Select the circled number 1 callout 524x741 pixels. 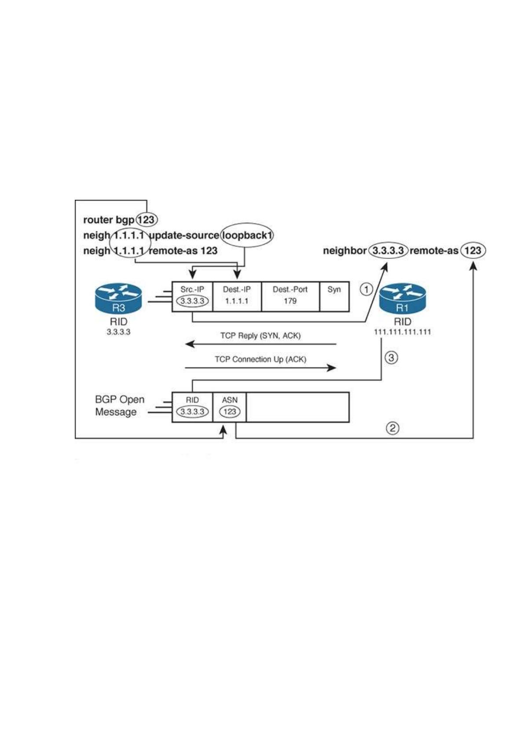366,290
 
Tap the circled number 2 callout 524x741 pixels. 392,428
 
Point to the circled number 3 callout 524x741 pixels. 391,358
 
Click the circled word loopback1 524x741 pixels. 247,235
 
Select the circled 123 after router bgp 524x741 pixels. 147,220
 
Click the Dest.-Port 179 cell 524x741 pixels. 290,297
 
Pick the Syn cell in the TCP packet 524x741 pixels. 334,297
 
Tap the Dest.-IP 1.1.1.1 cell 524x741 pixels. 237,297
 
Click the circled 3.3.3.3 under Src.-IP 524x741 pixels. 192,301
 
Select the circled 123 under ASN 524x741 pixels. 230,411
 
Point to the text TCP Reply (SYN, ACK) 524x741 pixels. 260,336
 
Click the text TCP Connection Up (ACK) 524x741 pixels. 260,359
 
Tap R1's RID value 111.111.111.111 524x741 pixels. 402,332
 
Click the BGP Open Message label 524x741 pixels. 119,406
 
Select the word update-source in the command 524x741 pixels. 184,235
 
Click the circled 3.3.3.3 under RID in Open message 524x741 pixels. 192,411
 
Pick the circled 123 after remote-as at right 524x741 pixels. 473,250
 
